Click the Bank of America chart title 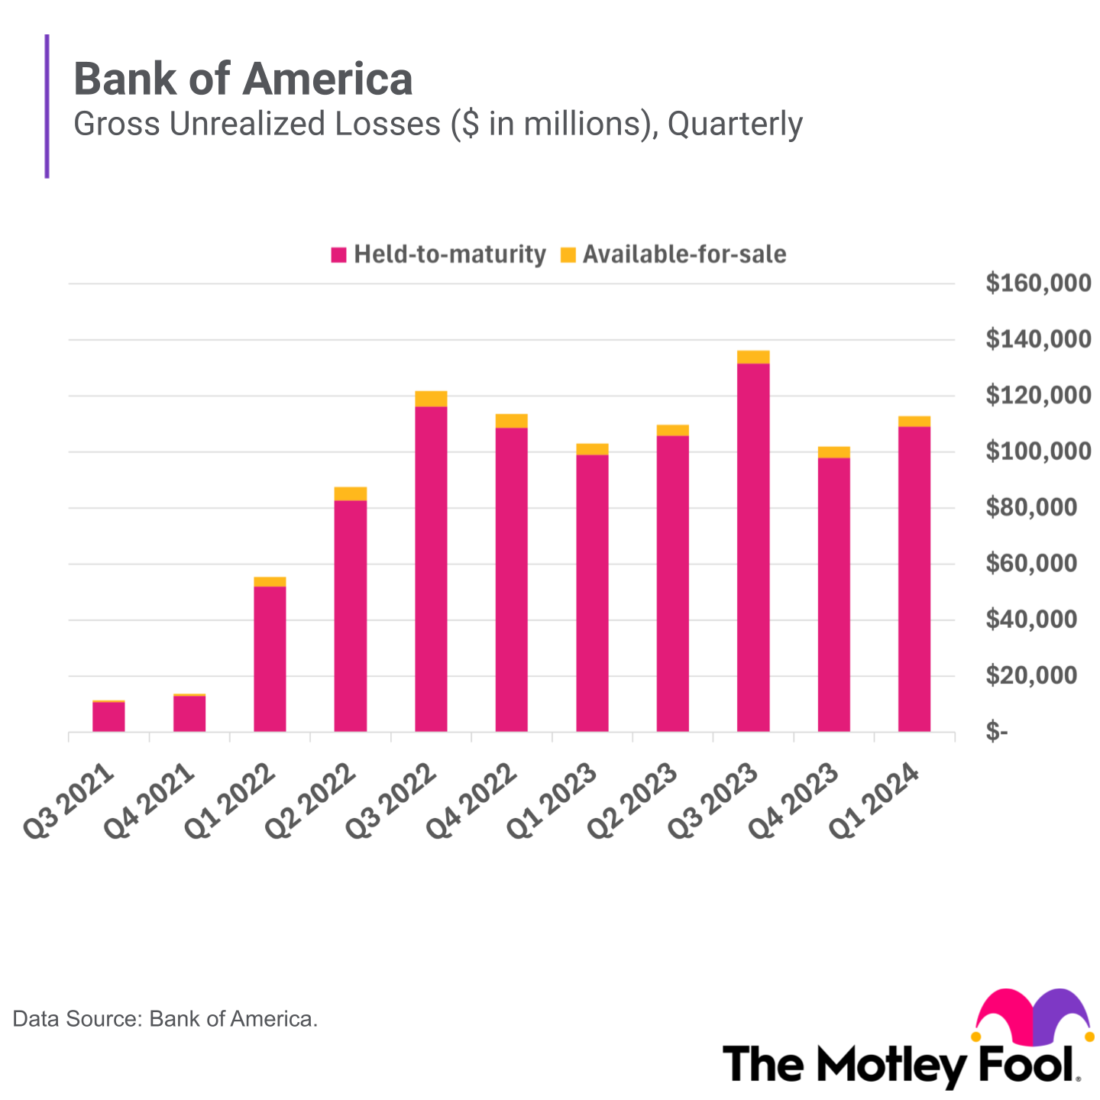[x=243, y=79]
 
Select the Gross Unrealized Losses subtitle [x=438, y=124]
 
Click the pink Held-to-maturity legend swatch [x=338, y=255]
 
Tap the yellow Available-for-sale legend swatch [x=568, y=255]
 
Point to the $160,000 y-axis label [x=1038, y=283]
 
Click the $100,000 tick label [x=1038, y=451]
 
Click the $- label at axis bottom [x=997, y=732]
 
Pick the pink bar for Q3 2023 [x=753, y=547]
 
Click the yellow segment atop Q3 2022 [x=431, y=399]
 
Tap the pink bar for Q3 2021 [x=108, y=717]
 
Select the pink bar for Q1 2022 [x=270, y=658]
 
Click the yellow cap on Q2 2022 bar [x=350, y=493]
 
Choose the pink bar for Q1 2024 [x=914, y=578]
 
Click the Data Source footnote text [x=165, y=1019]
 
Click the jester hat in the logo [x=1031, y=1017]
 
